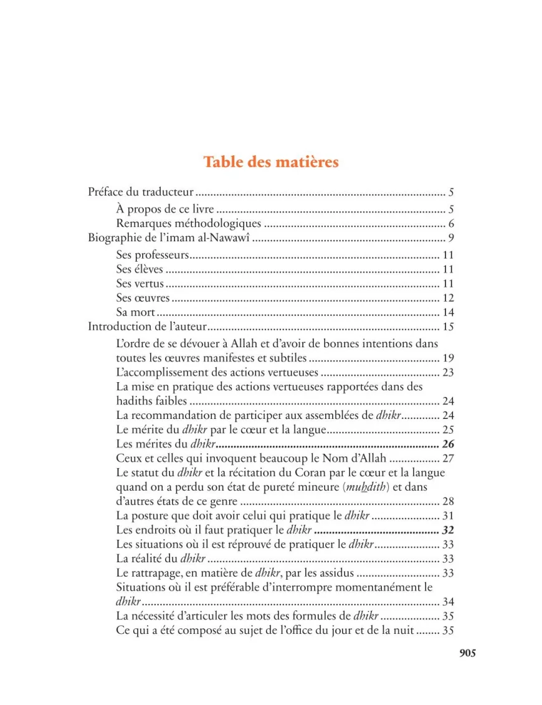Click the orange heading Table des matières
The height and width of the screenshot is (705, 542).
click(271, 162)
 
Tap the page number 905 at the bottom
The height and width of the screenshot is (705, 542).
click(467, 653)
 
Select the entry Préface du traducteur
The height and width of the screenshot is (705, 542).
click(141, 192)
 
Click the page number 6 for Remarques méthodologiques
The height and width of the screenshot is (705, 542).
click(450, 224)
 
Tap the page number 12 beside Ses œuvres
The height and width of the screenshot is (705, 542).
click(448, 298)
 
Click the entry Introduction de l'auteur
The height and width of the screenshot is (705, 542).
click(147, 327)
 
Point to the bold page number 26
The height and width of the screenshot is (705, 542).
click(448, 444)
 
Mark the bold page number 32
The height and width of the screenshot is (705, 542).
click(448, 530)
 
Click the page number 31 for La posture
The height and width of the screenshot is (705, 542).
click(448, 516)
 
